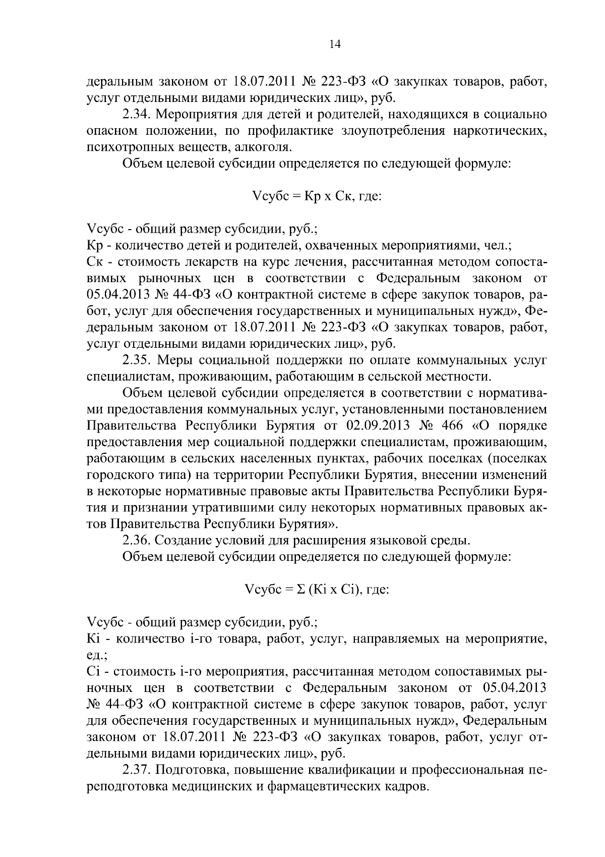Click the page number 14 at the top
point(335,44)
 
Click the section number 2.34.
point(138,115)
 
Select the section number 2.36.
point(138,541)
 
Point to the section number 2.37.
point(138,771)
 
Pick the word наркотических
point(500,131)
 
